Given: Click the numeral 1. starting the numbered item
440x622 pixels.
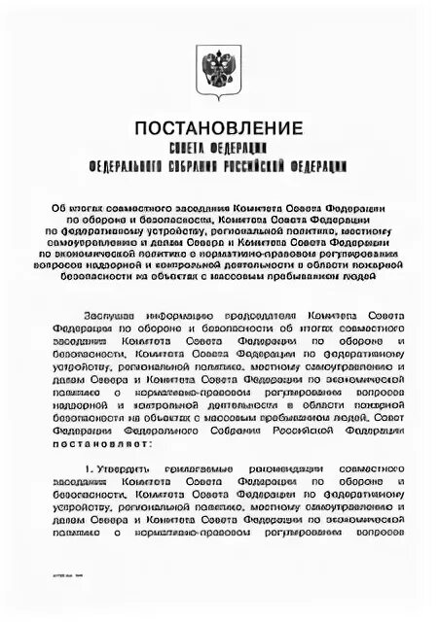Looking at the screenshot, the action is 89,468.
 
